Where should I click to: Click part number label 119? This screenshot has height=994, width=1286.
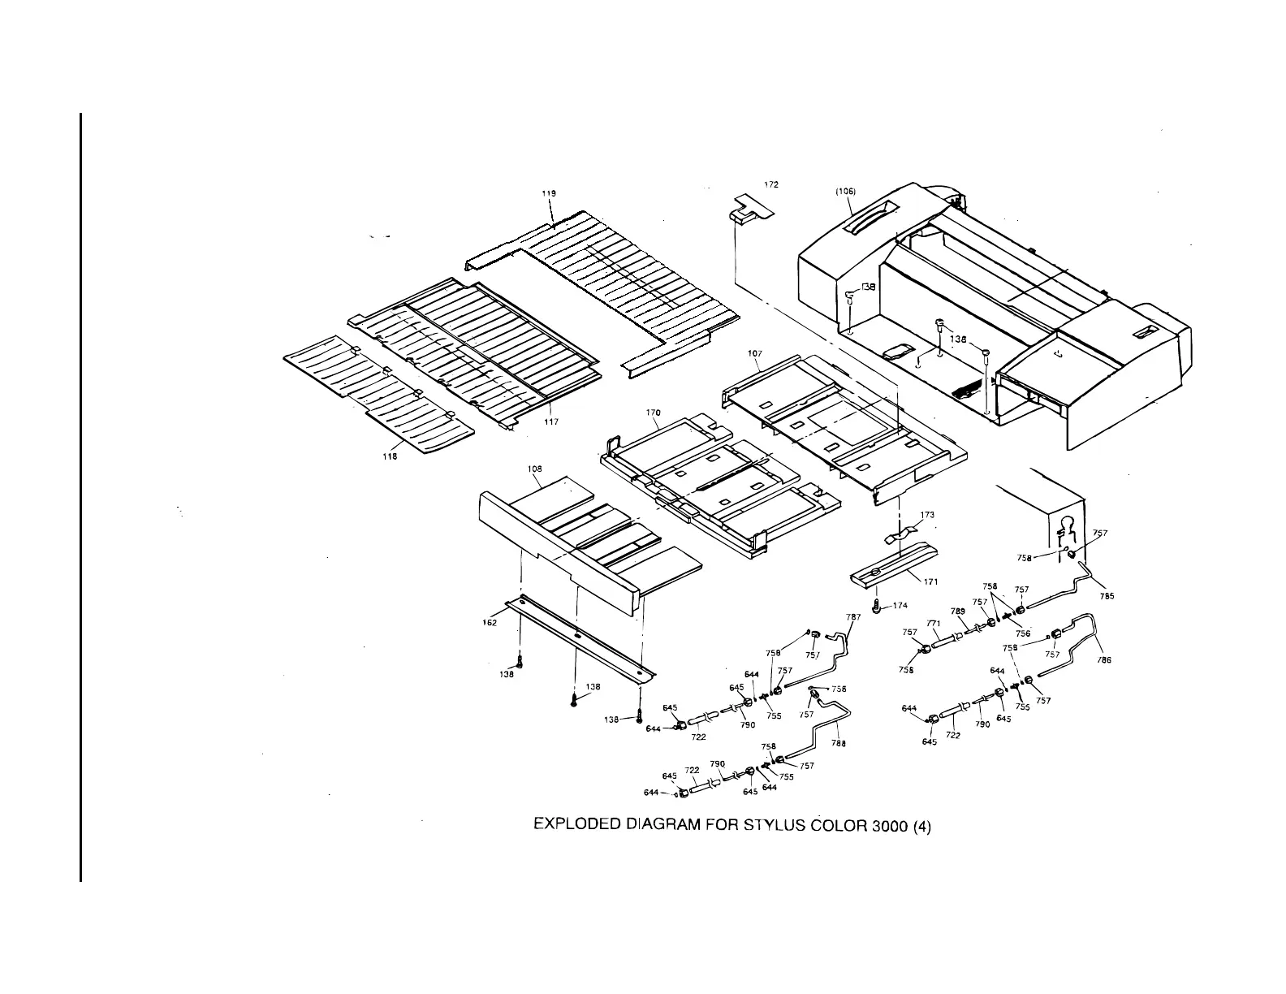pos(549,193)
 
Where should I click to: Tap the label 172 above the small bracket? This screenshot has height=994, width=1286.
pos(771,185)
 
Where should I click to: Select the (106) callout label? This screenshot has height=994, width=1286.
pos(845,192)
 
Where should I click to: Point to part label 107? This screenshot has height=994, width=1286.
pos(754,354)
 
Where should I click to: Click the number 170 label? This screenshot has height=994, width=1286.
pos(654,413)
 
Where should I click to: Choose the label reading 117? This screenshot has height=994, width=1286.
pos(551,421)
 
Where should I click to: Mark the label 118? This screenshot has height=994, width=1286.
pos(390,456)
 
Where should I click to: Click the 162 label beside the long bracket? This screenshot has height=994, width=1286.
pos(490,622)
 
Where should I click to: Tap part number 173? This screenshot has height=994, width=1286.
pos(927,515)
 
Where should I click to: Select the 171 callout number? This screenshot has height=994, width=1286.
pos(931,581)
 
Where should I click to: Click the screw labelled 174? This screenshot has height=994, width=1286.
pos(877,607)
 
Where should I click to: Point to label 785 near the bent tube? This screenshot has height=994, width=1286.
pos(1107,596)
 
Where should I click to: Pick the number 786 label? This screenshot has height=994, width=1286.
pos(1104,660)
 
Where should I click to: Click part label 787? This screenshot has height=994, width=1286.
pos(853,617)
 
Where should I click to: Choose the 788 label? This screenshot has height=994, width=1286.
pos(839,743)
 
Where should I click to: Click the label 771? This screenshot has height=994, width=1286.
pos(934,624)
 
